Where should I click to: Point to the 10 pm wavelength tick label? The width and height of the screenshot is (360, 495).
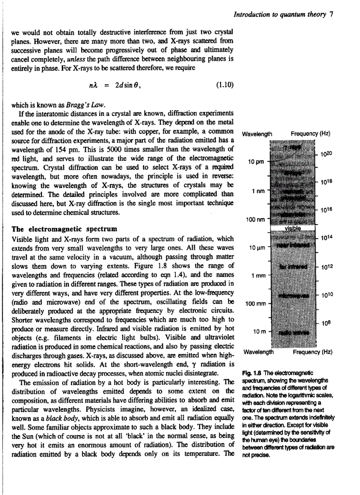[x=256, y=162]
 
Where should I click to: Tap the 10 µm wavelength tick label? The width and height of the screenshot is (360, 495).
[x=256, y=248]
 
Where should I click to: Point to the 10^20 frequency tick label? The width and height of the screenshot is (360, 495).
[x=326, y=153]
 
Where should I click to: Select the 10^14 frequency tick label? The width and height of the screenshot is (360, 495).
[x=326, y=238]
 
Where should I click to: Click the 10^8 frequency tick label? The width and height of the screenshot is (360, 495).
[x=326, y=323]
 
